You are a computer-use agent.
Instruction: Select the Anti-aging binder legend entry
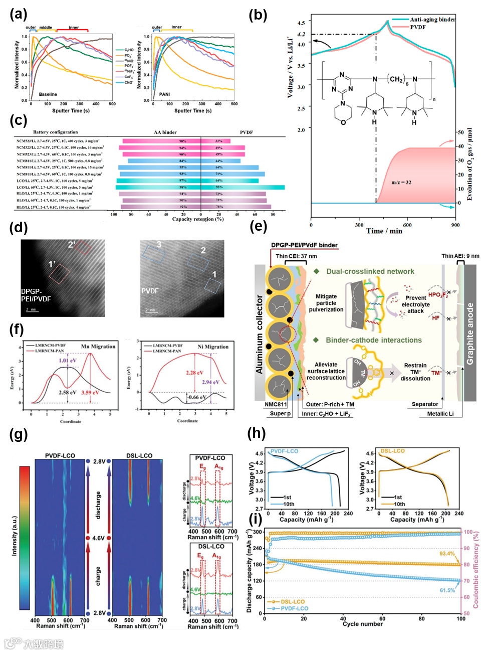pos(432,20)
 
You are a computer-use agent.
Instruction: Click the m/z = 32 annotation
pos(401,182)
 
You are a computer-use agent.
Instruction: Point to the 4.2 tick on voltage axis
pos(301,34)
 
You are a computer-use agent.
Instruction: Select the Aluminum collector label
pos(259,334)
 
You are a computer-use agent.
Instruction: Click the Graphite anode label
pos(469,334)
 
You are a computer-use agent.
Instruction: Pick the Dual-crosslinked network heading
pos(370,271)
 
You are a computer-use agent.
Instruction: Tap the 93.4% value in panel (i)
pos(447,554)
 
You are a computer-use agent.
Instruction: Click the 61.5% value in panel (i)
pos(447,590)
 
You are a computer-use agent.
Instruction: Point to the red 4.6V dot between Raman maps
pos(88,538)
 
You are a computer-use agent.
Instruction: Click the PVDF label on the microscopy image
pos(150,291)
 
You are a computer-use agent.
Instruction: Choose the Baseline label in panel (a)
pos(48,94)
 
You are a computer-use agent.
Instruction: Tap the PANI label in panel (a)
pos(164,94)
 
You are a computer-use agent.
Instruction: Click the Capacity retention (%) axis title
pos(197,219)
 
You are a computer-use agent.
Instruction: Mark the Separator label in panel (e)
pos(425,404)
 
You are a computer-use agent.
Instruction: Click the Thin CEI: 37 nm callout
pos(296,256)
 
